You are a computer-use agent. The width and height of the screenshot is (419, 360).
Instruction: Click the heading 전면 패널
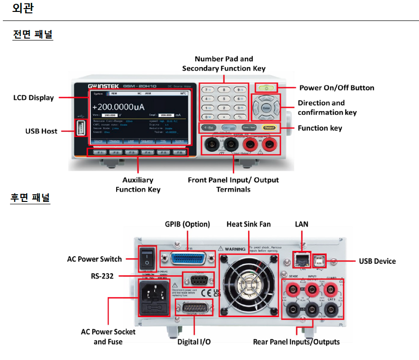(x=33, y=35)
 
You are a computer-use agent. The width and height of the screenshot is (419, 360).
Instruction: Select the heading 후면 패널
(x=30, y=197)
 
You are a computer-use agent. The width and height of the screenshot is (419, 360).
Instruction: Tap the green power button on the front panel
(x=267, y=88)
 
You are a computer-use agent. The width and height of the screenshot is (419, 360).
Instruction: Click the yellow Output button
(x=269, y=128)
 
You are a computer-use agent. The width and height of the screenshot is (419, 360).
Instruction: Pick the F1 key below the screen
(x=99, y=152)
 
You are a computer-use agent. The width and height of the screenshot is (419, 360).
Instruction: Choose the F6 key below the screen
(x=179, y=152)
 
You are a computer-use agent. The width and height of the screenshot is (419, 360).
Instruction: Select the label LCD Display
(x=33, y=98)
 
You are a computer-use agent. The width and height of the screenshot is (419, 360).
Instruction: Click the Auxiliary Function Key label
(x=138, y=185)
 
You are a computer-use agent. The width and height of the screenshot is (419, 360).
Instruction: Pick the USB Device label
(x=377, y=261)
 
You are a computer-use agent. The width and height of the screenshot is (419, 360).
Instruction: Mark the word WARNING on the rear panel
(x=235, y=249)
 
